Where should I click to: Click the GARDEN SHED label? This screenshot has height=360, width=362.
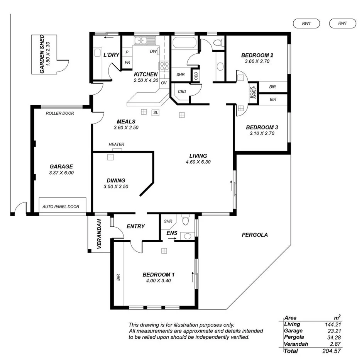coord(42,54)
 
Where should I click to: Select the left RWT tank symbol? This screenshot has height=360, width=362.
coord(306,24)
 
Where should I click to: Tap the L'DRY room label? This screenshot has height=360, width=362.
coord(111,55)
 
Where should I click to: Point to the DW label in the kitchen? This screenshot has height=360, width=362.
coord(153,51)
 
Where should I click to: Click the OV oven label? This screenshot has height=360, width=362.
coord(164,83)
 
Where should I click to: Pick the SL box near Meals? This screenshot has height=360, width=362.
coord(156,112)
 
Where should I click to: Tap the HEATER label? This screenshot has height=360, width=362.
coord(116,144)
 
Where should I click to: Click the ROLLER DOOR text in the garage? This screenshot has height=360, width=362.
coord(60,113)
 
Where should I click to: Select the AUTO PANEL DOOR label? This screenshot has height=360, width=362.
coord(61,207)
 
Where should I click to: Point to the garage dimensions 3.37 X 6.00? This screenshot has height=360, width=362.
coord(61,173)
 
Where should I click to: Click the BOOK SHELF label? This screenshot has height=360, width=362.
coord(253,92)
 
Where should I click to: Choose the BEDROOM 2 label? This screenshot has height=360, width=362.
coord(257,55)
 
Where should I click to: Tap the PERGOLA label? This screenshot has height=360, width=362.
coord(254,235)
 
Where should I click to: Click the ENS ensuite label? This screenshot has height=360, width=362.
coord(172,233)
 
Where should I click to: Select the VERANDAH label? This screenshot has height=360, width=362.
coord(99,234)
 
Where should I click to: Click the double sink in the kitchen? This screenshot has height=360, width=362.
coord(145,40)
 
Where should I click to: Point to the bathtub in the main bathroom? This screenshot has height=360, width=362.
coord(185,42)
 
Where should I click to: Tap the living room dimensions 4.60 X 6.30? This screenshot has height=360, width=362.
coord(198,162)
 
